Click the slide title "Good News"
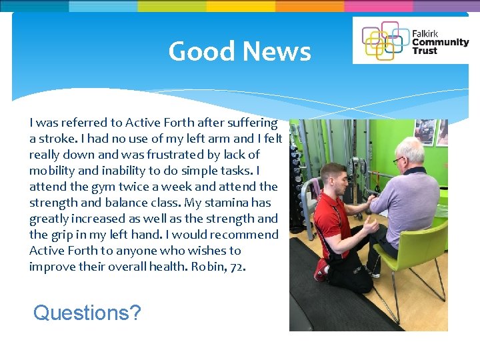tap(239, 51)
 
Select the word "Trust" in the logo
tap(425, 51)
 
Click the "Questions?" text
tap(87, 312)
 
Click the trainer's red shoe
tap(321, 270)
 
